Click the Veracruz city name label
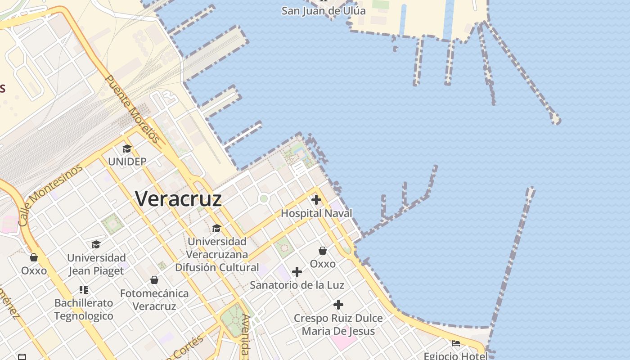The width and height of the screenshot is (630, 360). tap(178, 198)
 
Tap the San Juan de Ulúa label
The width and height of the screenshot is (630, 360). tap(324, 10)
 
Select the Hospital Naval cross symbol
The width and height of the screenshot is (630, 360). tap(316, 199)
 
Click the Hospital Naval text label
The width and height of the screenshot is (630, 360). tap(316, 213)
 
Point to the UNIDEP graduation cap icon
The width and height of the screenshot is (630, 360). tap(127, 149)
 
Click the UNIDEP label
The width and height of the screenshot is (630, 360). tap(127, 161)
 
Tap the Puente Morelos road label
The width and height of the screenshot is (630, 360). tap(132, 109)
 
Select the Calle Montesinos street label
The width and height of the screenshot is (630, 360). tap(51, 195)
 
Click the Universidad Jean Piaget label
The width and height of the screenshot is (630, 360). tap(96, 264)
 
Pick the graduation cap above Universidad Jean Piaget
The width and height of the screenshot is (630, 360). tap(96, 244)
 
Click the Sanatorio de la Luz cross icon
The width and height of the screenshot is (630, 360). tap(297, 271)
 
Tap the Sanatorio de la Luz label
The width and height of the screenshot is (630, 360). tap(297, 285)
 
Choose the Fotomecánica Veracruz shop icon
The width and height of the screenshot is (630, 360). tap(154, 280)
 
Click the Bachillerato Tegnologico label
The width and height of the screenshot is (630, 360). tap(84, 309)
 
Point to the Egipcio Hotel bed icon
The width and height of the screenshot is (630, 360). tap(456, 343)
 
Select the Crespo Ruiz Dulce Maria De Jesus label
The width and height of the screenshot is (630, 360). tap(338, 324)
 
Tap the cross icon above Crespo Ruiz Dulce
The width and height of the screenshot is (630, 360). tap(338, 305)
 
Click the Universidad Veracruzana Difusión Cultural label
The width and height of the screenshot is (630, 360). tap(217, 254)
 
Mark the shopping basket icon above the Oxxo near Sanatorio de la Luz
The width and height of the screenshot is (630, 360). tap(323, 251)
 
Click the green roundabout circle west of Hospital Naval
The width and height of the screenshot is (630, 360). tap(264, 198)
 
